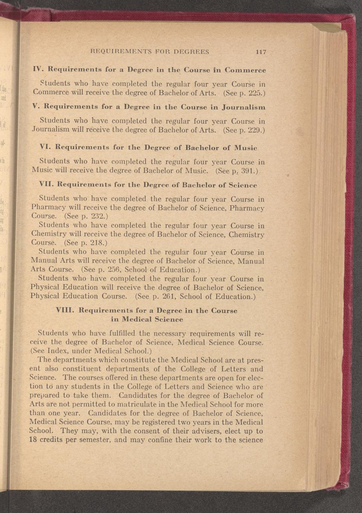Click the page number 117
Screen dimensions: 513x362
[x=261, y=52]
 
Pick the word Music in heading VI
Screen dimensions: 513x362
[x=246, y=148]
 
